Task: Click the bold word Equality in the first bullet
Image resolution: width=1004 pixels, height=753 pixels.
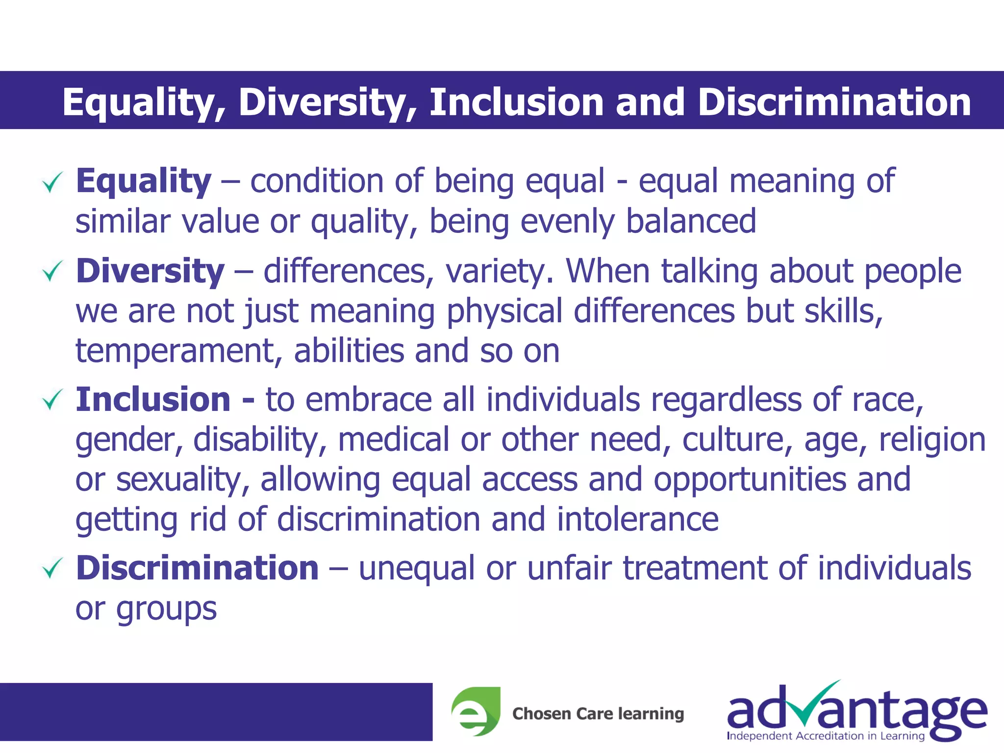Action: (143, 181)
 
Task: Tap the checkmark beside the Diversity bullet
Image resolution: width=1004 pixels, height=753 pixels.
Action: (52, 271)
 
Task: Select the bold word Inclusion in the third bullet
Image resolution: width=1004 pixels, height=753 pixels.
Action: (153, 400)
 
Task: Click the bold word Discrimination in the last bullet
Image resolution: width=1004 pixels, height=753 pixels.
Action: (197, 568)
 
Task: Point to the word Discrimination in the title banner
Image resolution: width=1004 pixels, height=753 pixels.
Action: (834, 102)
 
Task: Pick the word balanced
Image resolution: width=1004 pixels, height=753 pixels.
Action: (691, 222)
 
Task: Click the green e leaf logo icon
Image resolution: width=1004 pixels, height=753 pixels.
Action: (476, 712)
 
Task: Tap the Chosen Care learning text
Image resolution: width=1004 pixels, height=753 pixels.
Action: (598, 714)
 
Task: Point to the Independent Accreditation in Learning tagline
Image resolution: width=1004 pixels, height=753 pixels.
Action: (826, 736)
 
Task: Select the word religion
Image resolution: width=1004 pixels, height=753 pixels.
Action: (932, 440)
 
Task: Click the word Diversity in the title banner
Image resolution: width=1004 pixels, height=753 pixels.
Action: (327, 102)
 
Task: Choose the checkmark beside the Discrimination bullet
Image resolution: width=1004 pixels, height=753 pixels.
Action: (52, 568)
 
